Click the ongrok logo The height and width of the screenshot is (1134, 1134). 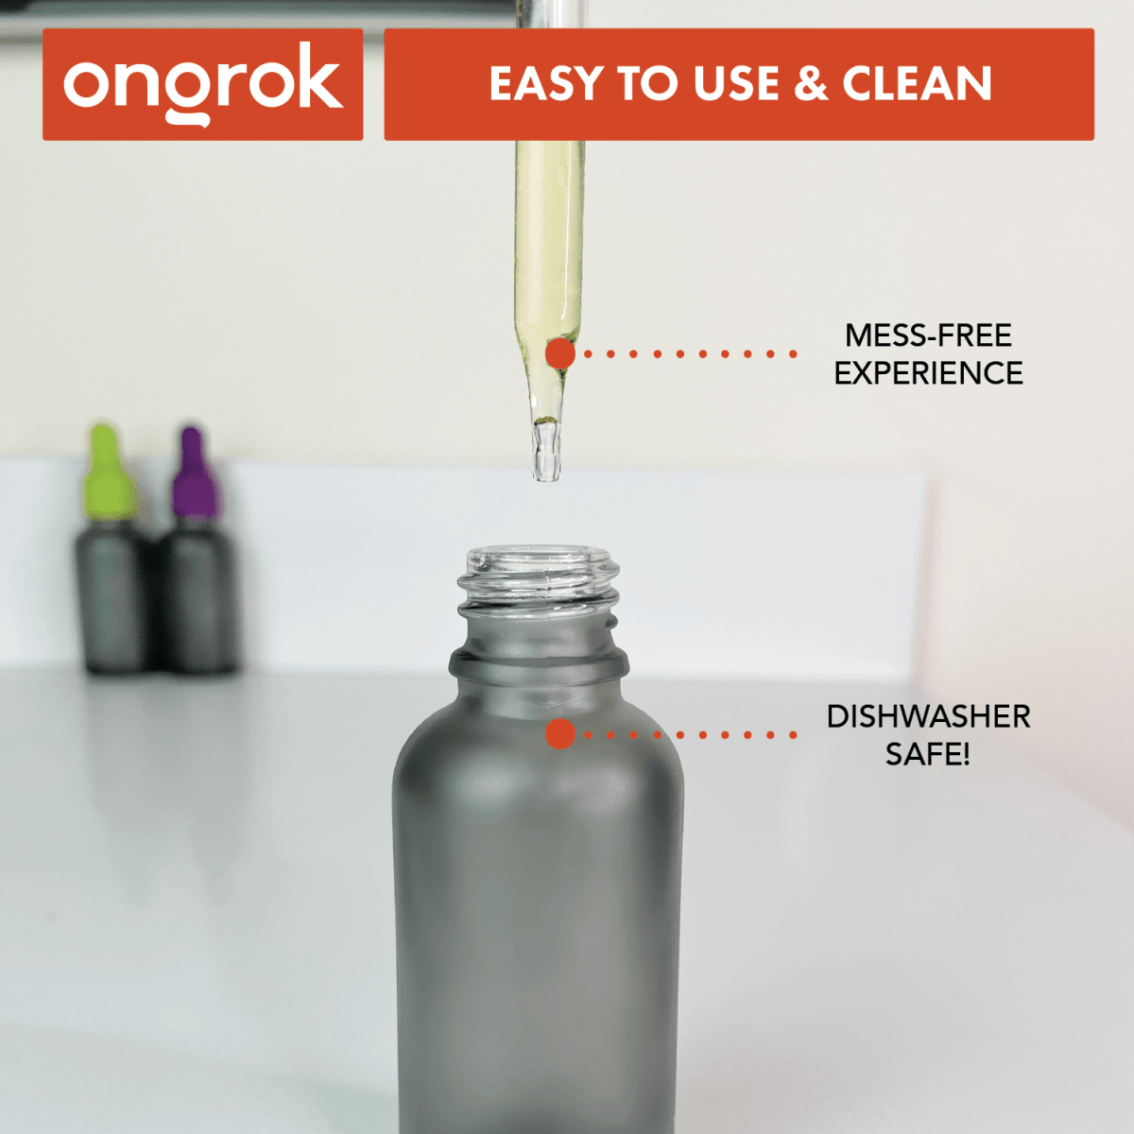pos(202,84)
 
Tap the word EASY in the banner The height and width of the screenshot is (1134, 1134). pos(546,84)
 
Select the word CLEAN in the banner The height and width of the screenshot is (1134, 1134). pos(917,84)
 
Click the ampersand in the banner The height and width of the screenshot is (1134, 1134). pos(810,84)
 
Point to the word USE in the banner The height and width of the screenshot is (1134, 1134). pos(736,84)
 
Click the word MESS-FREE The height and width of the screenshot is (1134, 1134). pos(928,335)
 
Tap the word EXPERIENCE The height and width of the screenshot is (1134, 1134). pos(928,373)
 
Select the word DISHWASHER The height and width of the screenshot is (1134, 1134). pos(928,716)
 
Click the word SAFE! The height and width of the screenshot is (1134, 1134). pos(928,754)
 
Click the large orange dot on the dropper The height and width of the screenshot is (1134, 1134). pos(560,354)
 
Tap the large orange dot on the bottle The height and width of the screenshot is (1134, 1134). pos(560,734)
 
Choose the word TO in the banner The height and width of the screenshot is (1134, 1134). pos(648,84)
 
